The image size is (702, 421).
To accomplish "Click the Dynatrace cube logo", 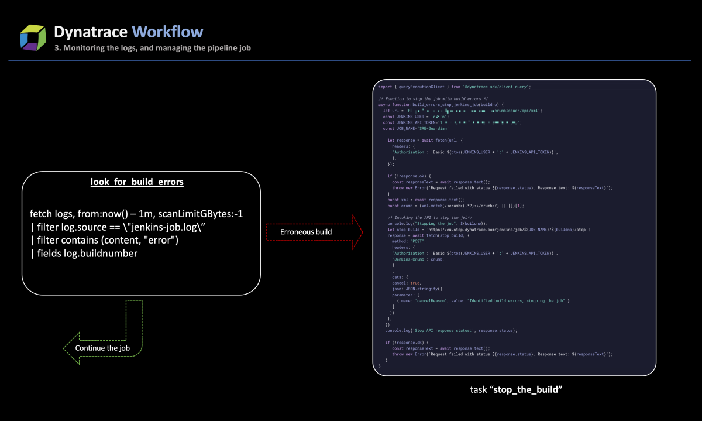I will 33,37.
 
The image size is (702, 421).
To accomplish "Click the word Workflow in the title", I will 167,32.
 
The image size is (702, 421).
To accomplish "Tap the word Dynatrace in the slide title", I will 90,32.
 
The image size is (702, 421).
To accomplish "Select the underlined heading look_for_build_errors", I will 137,182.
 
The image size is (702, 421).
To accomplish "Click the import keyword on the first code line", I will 385,87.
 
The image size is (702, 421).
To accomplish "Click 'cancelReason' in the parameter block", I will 416,300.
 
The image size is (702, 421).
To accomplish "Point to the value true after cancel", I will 416,283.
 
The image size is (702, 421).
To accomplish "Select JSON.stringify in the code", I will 422,289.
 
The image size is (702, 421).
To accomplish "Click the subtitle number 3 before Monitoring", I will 57,48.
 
